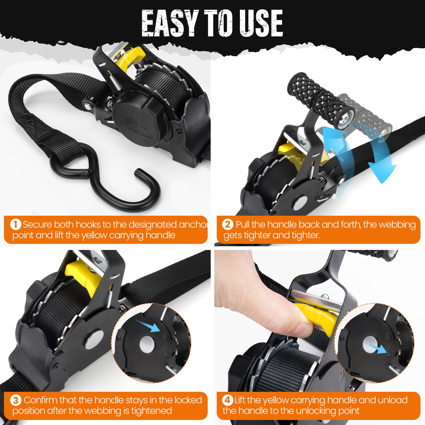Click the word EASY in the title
[x=170, y=23]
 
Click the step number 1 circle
[x=16, y=224]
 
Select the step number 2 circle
[x=228, y=224]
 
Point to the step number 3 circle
[x=16, y=400]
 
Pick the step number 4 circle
[x=227, y=400]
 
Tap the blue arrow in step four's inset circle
[x=375, y=348]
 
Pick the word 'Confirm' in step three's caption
[x=40, y=400]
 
